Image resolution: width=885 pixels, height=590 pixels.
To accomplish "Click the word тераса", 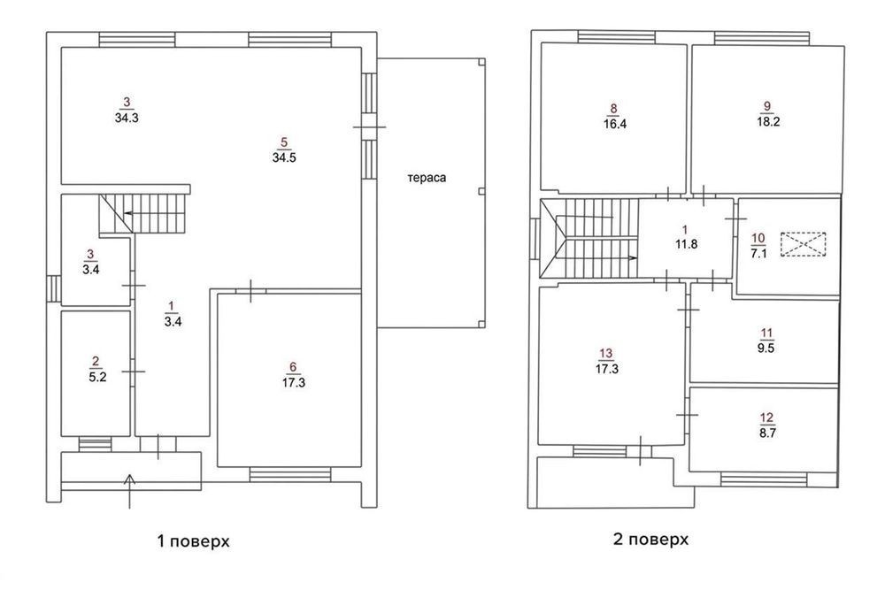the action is click(x=427, y=178).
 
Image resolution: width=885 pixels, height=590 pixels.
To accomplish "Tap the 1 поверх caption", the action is click(x=194, y=542).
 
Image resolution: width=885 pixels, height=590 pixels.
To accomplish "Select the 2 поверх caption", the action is click(x=650, y=540).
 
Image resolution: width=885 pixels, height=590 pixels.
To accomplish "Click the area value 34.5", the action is click(x=284, y=158).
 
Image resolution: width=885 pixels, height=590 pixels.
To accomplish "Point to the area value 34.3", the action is click(x=127, y=119).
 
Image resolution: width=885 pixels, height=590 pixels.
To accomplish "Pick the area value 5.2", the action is click(x=97, y=378).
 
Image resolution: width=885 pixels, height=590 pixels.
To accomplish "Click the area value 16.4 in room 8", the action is click(x=615, y=124).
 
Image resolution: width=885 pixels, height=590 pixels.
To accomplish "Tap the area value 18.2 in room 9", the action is click(x=768, y=122).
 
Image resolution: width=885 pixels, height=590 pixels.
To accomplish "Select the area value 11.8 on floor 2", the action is click(x=687, y=244).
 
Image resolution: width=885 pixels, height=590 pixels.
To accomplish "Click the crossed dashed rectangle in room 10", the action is click(x=804, y=244).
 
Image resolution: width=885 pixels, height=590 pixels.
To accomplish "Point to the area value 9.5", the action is click(x=766, y=349).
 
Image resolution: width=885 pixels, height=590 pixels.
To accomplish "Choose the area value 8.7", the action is click(x=767, y=433).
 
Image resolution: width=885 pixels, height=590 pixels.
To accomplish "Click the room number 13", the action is click(x=605, y=354).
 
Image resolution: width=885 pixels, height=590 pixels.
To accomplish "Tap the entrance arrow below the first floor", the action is click(x=130, y=491).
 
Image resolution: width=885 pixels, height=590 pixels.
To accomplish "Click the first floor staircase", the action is click(x=143, y=214).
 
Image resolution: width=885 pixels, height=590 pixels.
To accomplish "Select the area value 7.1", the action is click(x=758, y=253).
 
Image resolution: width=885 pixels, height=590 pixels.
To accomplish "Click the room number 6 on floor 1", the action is click(x=292, y=368).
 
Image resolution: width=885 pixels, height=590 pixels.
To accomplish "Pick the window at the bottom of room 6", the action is click(x=290, y=474).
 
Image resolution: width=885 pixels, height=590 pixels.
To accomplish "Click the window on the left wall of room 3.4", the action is click(x=54, y=288).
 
